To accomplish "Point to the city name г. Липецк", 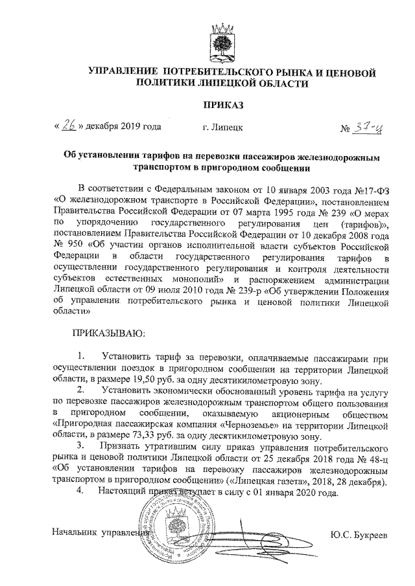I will pos(222,128).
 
